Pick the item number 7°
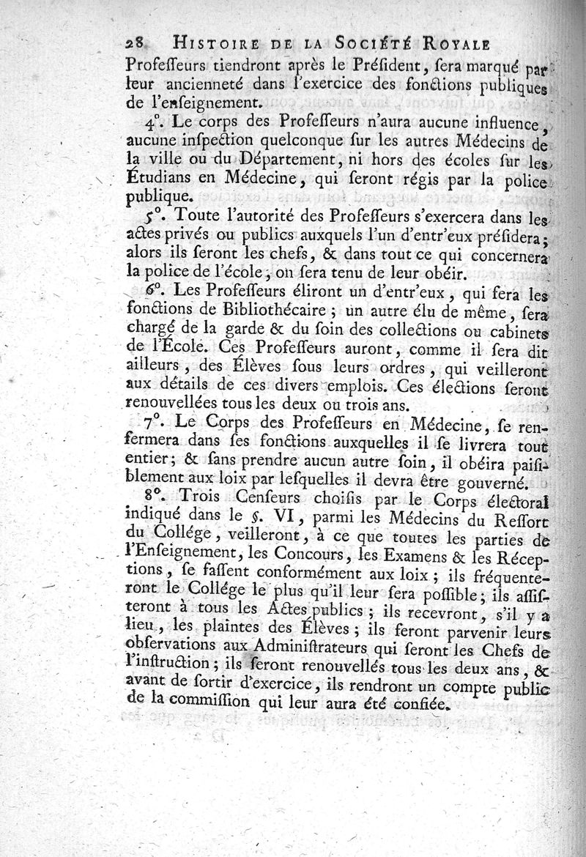(152, 423)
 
